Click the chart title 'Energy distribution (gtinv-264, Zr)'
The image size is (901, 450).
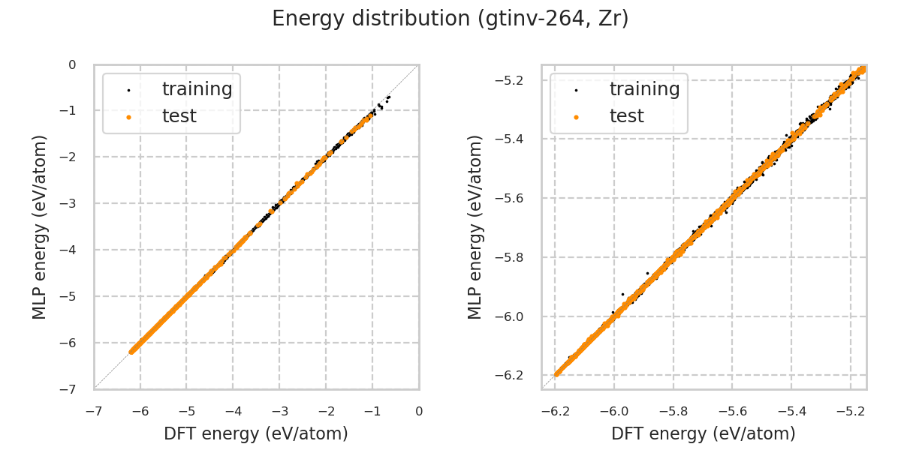pyautogui.click(x=450, y=19)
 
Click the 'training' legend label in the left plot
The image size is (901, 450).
pyautogui.click(x=197, y=89)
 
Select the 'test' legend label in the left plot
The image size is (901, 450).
pyautogui.click(x=179, y=116)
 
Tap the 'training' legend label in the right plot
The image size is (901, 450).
pyautogui.click(x=644, y=89)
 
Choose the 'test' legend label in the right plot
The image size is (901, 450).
pyautogui.click(x=626, y=116)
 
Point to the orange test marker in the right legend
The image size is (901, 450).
pyautogui.click(x=576, y=117)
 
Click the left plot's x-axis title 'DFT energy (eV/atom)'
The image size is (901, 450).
pyautogui.click(x=256, y=433)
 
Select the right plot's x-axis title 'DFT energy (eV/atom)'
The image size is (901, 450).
pyautogui.click(x=704, y=433)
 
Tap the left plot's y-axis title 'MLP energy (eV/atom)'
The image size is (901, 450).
pyautogui.click(x=40, y=226)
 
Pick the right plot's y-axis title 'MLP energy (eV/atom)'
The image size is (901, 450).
pyautogui.click(x=475, y=226)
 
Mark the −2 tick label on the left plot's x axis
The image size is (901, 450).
pyautogui.click(x=326, y=411)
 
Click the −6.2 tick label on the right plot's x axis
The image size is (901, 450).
pyautogui.click(x=556, y=411)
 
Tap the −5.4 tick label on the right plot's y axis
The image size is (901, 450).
pyautogui.click(x=514, y=139)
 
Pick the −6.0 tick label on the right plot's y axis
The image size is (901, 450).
pyautogui.click(x=514, y=316)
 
